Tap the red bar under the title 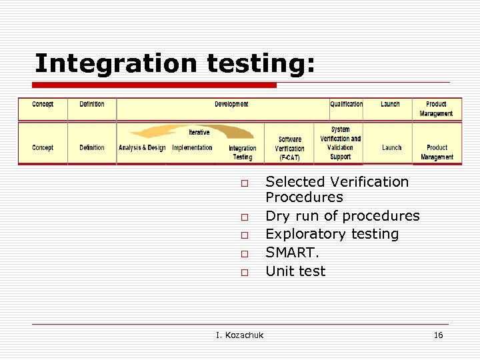154,85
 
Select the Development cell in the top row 231,105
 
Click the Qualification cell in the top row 346,105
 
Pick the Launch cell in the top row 390,105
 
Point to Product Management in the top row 436,109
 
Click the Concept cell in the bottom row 43,148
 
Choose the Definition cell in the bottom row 92,148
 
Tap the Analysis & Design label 142,148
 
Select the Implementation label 192,148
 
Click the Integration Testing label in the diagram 242,153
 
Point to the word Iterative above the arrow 199,133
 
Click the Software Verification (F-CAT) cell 289,149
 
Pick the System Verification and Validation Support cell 340,143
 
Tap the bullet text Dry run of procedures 342,216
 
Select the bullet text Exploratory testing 331,234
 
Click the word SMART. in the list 292,253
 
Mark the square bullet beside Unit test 245,272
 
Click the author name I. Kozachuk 239,335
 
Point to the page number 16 438,335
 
